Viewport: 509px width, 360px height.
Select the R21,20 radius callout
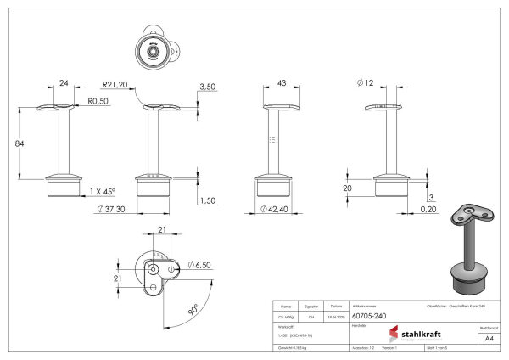(115, 85)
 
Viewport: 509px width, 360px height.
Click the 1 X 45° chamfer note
(102, 192)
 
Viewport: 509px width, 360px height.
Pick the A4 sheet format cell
(487, 337)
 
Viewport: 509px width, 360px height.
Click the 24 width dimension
(63, 83)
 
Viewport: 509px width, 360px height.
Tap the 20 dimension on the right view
(347, 188)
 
